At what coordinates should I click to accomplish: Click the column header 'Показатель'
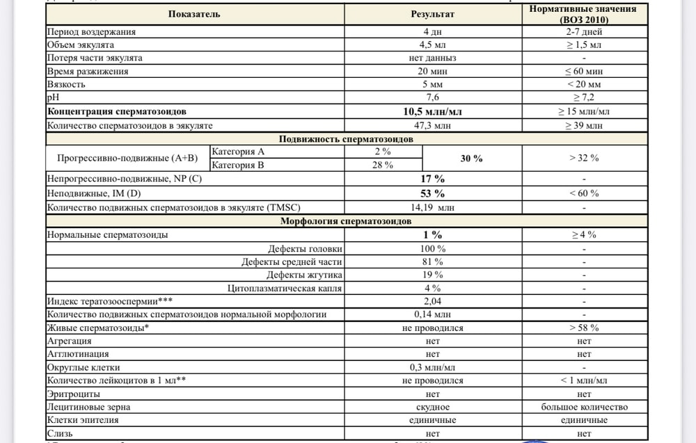click(x=194, y=14)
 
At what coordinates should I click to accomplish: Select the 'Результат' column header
click(x=432, y=14)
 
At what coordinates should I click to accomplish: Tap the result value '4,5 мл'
click(x=432, y=45)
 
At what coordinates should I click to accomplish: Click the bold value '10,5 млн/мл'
click(x=432, y=111)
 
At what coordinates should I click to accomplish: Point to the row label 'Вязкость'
click(x=66, y=85)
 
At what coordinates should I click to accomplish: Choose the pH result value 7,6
click(x=432, y=98)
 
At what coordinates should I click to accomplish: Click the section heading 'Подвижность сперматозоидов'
click(x=346, y=138)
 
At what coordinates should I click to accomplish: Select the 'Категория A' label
click(x=238, y=152)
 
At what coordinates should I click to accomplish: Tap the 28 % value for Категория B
click(x=383, y=165)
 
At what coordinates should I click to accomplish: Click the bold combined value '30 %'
click(x=471, y=159)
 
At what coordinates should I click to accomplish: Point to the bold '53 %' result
click(x=432, y=193)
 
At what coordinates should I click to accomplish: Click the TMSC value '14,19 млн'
click(x=432, y=207)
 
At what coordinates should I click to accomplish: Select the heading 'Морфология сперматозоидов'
click(x=346, y=221)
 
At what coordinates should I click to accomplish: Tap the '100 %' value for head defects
click(x=432, y=248)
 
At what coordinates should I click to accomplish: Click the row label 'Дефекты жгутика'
click(x=308, y=275)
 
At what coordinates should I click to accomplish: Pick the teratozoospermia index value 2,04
click(x=432, y=301)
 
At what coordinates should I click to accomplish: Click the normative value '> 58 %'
click(x=583, y=328)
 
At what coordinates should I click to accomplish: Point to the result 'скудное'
click(x=432, y=407)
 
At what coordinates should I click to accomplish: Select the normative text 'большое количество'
click(x=583, y=407)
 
